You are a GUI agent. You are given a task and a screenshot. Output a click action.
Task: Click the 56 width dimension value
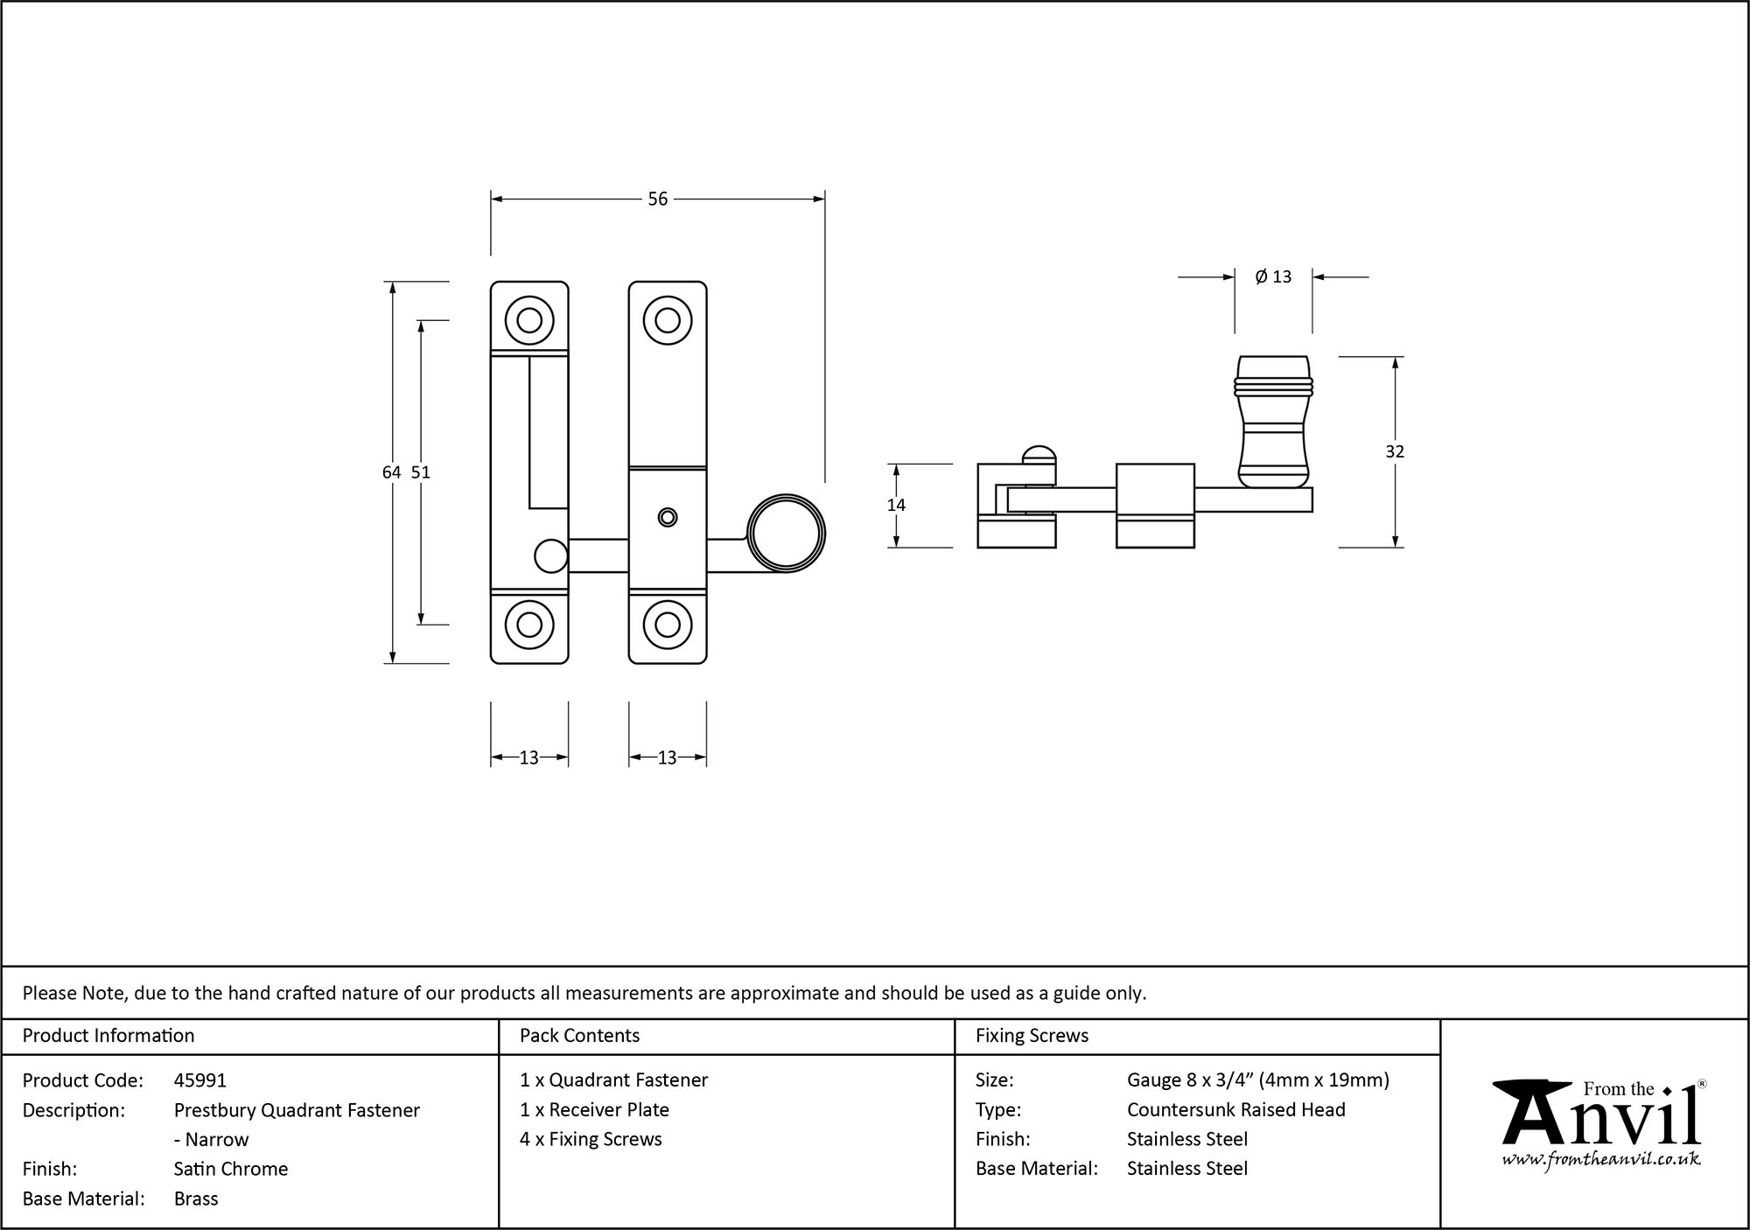click(x=657, y=199)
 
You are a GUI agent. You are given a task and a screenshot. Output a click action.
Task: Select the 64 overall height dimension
click(x=391, y=472)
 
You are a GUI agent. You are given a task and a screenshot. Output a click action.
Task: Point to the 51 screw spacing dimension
click(x=421, y=472)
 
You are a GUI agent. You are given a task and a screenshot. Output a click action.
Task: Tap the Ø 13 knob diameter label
click(x=1273, y=277)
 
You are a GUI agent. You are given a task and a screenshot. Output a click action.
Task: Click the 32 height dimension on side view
click(x=1395, y=451)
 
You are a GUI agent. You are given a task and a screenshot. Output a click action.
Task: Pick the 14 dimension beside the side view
click(x=896, y=505)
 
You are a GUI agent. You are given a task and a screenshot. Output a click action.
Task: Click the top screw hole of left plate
click(x=529, y=320)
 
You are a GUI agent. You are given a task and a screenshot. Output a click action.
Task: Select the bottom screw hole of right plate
click(x=668, y=625)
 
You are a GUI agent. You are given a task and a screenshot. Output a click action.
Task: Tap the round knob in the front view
click(x=787, y=533)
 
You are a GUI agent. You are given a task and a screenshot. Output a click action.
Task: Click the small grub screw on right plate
click(x=668, y=517)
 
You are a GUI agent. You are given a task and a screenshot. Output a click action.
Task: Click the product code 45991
click(x=200, y=1080)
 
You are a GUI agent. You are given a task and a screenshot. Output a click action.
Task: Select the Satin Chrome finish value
click(x=231, y=1169)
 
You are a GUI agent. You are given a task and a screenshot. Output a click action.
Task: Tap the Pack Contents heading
click(x=579, y=1036)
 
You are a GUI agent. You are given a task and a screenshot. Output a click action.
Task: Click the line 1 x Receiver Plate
click(x=594, y=1109)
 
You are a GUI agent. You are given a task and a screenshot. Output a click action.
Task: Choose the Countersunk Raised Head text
click(x=1235, y=1109)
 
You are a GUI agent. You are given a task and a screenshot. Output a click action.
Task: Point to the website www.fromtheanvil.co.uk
click(x=1601, y=1159)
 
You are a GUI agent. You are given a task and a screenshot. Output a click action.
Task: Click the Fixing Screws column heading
click(x=1032, y=1036)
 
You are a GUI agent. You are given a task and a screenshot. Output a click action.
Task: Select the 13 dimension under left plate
click(x=529, y=758)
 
